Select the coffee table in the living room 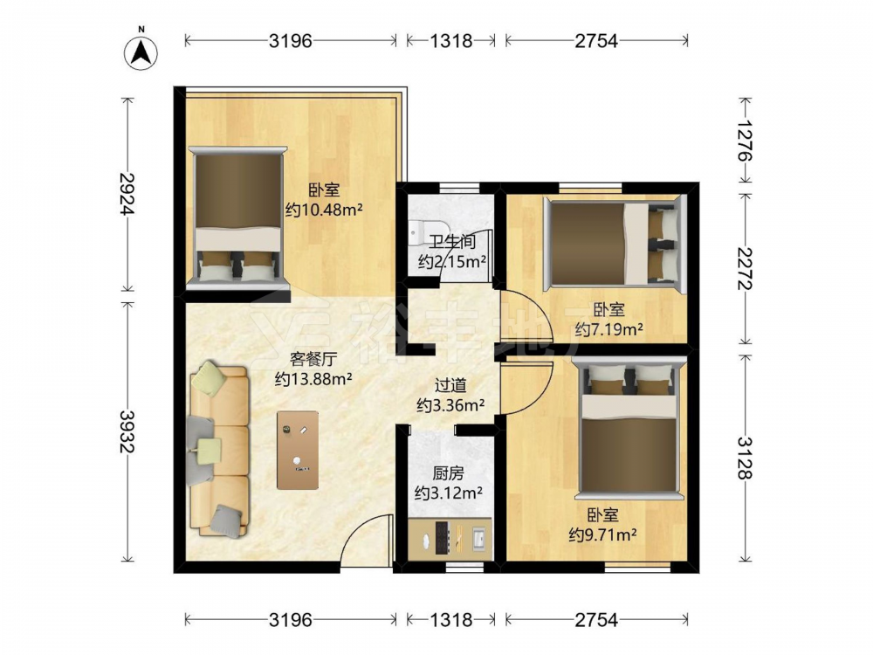click(298, 450)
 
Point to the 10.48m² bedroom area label click(324, 210)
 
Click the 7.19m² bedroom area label click(609, 329)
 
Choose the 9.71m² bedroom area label click(603, 535)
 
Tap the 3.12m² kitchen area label click(449, 493)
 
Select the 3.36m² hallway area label click(450, 405)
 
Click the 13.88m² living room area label click(313, 379)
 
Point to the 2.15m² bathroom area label click(452, 261)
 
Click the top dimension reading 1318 click(451, 41)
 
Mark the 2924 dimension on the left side click(127, 194)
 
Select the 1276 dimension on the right click(745, 141)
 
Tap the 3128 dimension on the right click(745, 458)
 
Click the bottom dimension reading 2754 click(596, 620)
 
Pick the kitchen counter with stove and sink click(450, 539)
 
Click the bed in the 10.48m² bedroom click(237, 217)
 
